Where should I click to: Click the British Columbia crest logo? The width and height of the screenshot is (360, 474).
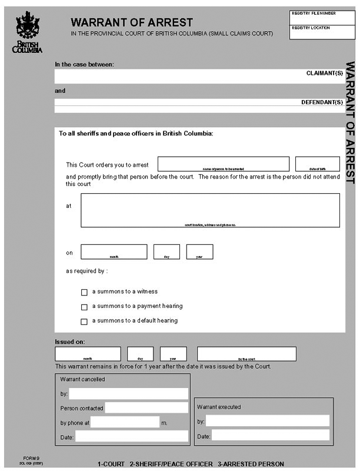pos(27,32)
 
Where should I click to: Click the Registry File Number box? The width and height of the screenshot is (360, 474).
pos(322,18)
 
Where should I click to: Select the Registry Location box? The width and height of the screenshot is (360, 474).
pos(322,32)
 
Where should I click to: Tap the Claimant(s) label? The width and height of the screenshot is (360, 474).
pos(324,74)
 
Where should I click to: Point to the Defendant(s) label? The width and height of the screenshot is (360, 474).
pos(322,102)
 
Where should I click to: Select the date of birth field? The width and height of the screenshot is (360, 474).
pos(317,163)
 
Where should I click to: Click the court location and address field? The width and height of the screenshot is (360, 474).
pos(210,210)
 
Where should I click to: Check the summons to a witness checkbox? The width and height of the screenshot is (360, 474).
pos(84,292)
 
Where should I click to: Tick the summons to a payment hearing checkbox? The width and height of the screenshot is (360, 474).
pos(84,307)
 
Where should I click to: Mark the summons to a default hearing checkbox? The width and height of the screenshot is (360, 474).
pos(84,321)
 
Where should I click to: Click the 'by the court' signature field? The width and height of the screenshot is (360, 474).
pos(246,353)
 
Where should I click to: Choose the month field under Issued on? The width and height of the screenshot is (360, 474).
pos(88,353)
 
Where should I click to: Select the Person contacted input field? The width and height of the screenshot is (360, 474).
pos(146,407)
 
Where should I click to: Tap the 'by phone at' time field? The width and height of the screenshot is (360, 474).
pos(125,422)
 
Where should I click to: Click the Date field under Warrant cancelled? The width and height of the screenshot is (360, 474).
pos(131,436)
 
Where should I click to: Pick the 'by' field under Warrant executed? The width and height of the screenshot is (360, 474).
pos(267,420)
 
